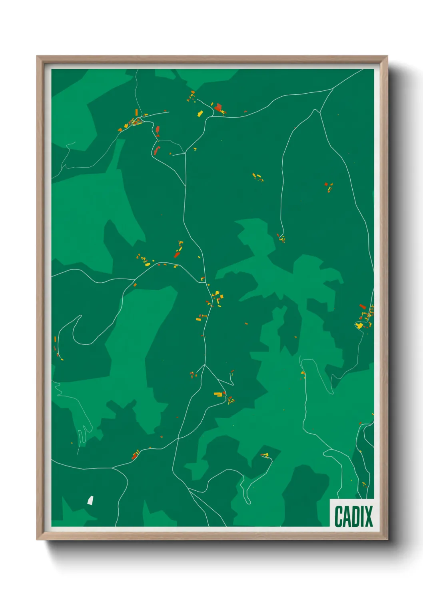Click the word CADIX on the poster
(x=353, y=516)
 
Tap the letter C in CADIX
(x=339, y=516)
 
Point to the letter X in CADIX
(x=368, y=516)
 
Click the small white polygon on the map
(x=90, y=500)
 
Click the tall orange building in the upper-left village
(x=136, y=112)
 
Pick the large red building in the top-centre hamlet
(x=218, y=107)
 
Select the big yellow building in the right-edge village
(x=359, y=326)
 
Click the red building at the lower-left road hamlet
(x=135, y=456)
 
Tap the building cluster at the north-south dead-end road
(x=281, y=239)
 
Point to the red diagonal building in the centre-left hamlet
(x=177, y=254)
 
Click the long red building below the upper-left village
(x=156, y=150)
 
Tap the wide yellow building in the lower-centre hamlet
(x=218, y=394)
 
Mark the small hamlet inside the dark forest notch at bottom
(x=265, y=455)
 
